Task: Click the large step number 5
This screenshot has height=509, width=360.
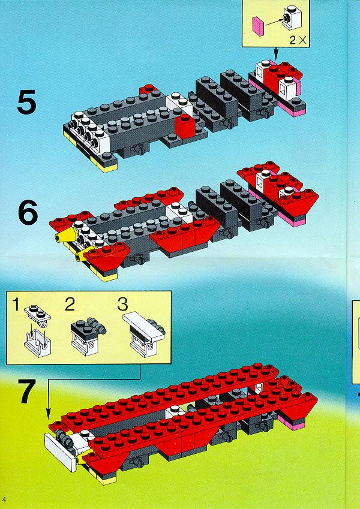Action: (x=26, y=103)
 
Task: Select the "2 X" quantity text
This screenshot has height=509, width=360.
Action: (x=297, y=41)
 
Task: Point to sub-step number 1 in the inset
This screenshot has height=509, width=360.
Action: (x=16, y=305)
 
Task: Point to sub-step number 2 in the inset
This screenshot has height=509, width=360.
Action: (x=70, y=305)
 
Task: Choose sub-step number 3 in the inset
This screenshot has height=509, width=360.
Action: (x=122, y=305)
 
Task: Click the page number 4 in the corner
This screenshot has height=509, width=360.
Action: (x=3, y=498)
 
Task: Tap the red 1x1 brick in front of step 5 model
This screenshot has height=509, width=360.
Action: (x=184, y=127)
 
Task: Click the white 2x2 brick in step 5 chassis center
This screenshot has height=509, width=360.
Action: (x=179, y=103)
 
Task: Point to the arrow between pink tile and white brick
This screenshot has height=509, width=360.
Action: (x=273, y=22)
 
